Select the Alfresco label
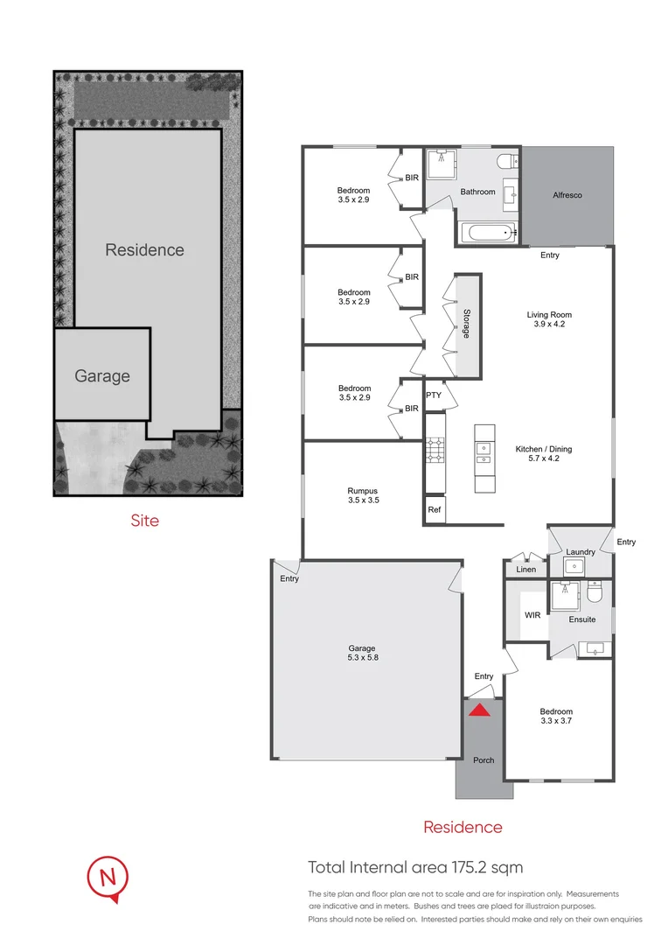tap(567, 195)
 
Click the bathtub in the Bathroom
tap(487, 233)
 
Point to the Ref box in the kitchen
tap(435, 509)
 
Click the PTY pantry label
tap(434, 395)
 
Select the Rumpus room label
tap(363, 496)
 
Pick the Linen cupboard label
tap(525, 570)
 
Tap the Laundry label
tap(581, 552)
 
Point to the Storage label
tap(467, 325)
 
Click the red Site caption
tap(144, 521)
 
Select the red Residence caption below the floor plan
tap(463, 827)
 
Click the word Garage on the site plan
tap(102, 376)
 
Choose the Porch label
tap(484, 760)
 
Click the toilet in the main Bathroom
tap(505, 161)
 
